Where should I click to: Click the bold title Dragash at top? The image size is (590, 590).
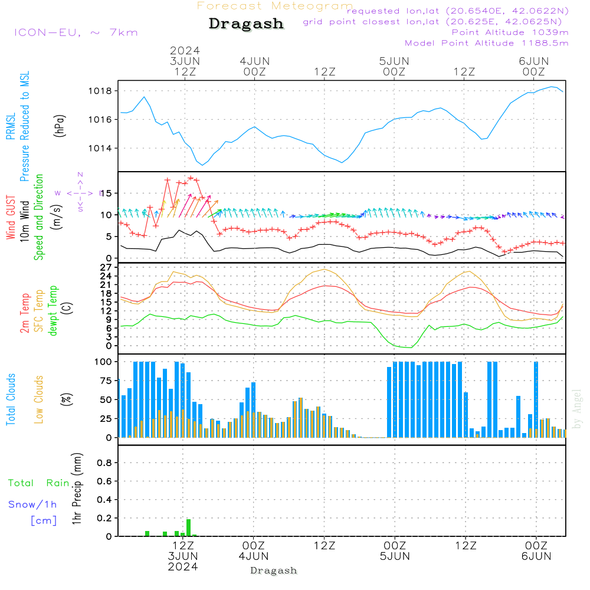coord(246,24)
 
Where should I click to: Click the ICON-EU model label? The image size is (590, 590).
coord(76,32)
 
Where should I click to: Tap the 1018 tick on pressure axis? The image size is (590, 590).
coord(100,91)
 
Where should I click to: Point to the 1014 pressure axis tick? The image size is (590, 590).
coord(100,148)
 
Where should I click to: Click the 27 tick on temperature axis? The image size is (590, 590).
coord(107,267)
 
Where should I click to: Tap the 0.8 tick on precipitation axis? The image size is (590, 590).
coord(104,463)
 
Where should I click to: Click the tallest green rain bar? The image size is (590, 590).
coord(188,527)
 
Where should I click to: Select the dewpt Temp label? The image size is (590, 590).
coord(53,311)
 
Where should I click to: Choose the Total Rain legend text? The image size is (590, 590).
coord(39,483)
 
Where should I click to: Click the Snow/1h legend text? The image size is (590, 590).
coord(32,504)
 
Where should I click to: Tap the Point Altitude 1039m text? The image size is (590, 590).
coord(510,32)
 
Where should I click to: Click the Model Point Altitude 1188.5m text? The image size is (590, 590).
coord(487,43)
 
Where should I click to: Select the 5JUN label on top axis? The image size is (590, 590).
coord(394,61)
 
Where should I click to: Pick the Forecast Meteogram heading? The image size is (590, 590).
coord(275,6)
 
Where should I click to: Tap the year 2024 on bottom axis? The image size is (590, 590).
coord(183,566)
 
